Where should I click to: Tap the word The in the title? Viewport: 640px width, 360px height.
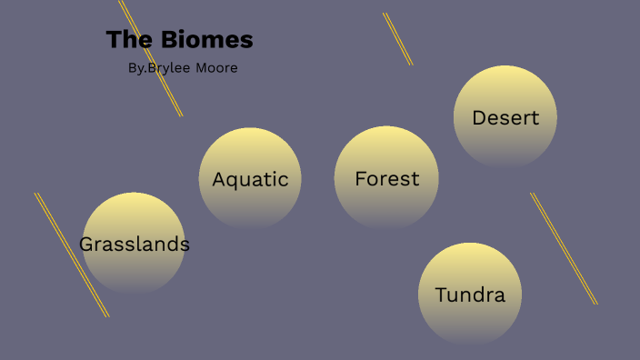[x=126, y=41]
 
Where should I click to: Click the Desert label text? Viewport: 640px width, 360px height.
[x=505, y=118]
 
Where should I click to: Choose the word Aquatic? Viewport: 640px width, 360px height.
[x=250, y=179]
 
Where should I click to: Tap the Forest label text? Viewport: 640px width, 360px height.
[x=387, y=179]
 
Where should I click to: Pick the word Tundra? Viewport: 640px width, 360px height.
[x=470, y=295]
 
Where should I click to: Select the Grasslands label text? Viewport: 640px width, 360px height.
[x=135, y=245]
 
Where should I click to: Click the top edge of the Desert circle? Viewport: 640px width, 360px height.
[x=505, y=67]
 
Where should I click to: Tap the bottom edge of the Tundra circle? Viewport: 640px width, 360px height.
[x=470, y=344]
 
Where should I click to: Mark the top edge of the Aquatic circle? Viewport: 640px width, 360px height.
[x=250, y=129]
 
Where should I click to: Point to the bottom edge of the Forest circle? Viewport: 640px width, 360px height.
[x=387, y=228]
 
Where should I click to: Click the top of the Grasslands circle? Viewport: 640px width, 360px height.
[x=135, y=194]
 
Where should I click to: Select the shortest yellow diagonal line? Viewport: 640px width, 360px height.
[x=397, y=38]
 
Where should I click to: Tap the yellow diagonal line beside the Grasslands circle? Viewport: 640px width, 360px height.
[x=72, y=255]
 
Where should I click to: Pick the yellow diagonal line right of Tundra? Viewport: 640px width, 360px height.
[x=564, y=248]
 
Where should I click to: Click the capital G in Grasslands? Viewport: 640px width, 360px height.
[x=86, y=245]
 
